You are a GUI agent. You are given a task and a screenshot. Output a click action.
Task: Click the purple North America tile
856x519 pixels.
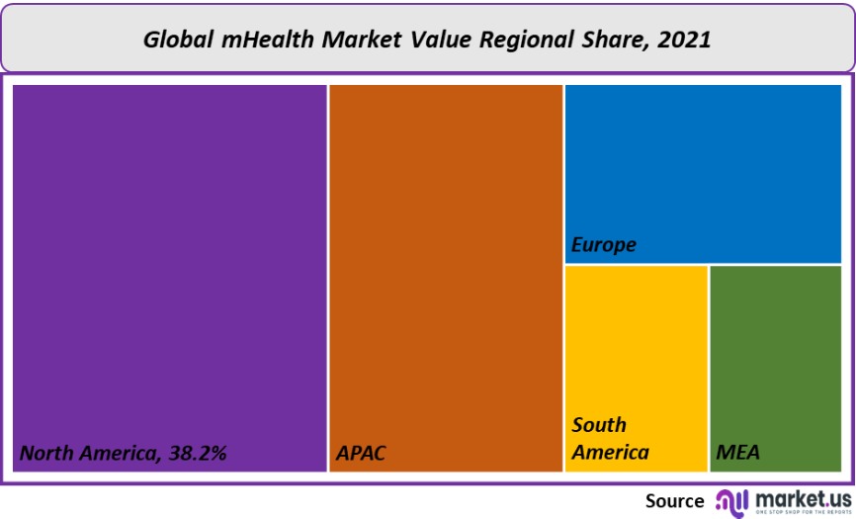pos(169,267)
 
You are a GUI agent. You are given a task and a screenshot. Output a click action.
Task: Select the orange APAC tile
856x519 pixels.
pos(446,267)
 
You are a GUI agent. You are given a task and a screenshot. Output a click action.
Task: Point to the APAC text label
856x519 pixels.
pos(360,454)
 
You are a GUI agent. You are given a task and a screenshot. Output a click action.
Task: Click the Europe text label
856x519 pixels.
pos(604,245)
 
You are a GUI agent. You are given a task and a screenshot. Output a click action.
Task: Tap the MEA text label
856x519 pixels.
pos(737,454)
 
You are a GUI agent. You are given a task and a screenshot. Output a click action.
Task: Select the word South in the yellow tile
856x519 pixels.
pos(599,425)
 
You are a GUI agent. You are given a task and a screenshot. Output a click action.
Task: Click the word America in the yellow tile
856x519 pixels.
pos(610,453)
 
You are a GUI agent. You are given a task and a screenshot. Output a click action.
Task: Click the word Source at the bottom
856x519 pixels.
pos(674,501)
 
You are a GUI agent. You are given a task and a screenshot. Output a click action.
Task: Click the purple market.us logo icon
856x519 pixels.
pos(732,500)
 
